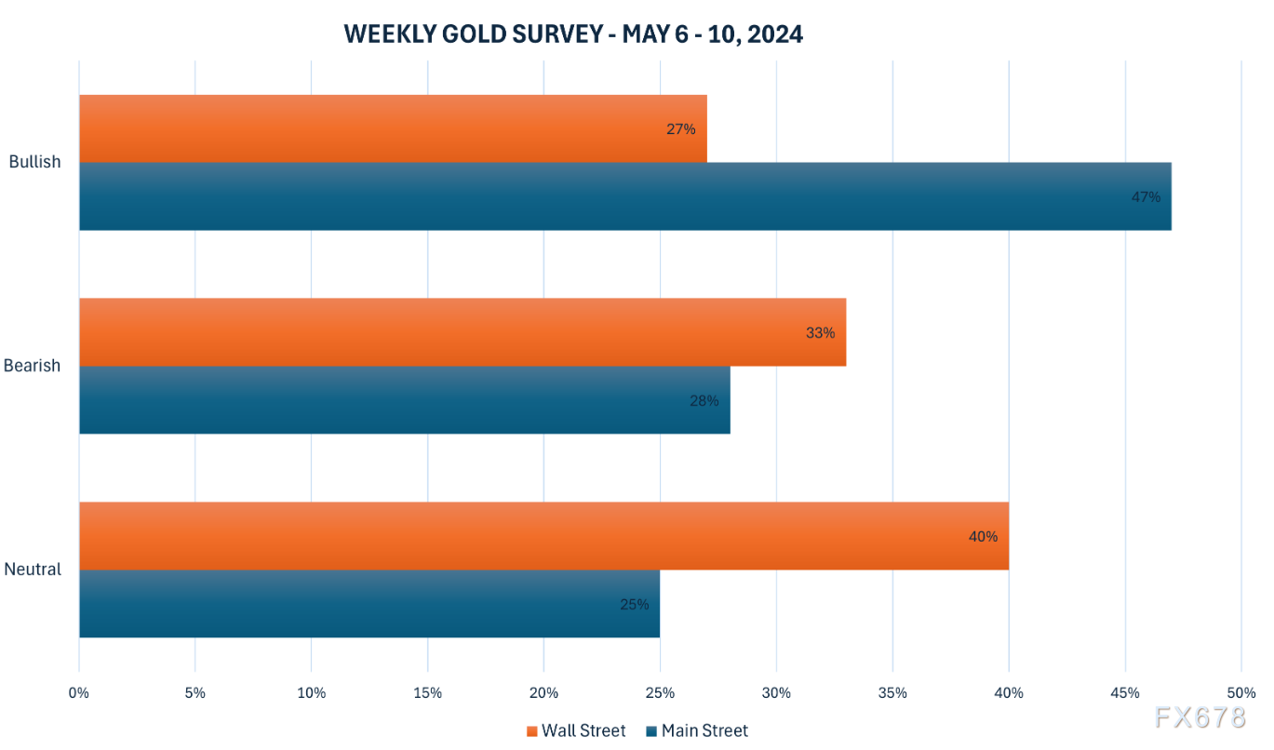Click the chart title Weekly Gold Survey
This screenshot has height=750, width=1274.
(x=573, y=34)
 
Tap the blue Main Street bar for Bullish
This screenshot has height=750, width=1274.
(x=624, y=196)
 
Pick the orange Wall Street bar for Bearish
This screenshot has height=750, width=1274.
(x=463, y=332)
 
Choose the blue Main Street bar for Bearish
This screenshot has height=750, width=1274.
(x=404, y=400)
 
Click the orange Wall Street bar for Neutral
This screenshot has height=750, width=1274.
(x=543, y=536)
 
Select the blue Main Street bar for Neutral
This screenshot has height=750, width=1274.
(x=369, y=604)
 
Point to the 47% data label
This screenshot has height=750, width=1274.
(x=1147, y=197)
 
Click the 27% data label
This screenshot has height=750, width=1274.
(x=680, y=129)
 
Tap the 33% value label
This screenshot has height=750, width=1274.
(x=820, y=332)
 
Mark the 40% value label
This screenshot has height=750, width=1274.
(x=983, y=536)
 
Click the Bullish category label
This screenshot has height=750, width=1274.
(x=34, y=162)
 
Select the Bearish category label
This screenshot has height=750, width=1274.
(x=32, y=366)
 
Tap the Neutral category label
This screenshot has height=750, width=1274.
(x=33, y=569)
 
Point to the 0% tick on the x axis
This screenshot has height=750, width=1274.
(x=79, y=693)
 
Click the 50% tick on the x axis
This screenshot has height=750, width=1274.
(x=1240, y=693)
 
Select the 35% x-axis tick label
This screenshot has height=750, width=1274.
(x=892, y=693)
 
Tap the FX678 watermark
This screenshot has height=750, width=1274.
(x=1200, y=718)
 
